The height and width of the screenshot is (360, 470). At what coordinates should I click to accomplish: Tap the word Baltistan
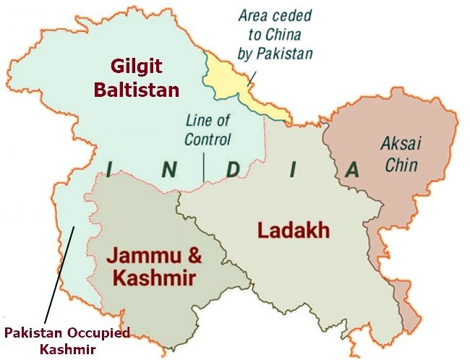point(144,90)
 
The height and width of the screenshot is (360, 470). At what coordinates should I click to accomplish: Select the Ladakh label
point(294,231)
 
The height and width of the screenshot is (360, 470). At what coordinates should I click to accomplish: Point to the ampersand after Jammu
point(193,257)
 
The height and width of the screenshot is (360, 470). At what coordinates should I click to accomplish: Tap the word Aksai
point(400,143)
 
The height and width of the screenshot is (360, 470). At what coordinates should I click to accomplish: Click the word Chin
point(401,165)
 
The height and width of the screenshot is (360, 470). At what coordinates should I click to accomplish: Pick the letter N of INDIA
point(168,171)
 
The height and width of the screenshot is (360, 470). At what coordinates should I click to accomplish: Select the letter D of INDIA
point(232,171)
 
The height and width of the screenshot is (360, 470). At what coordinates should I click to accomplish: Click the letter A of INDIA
point(351,171)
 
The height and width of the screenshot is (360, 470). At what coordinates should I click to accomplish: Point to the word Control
point(208,140)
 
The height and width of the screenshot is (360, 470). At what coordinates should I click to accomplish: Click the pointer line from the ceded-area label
point(252,78)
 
